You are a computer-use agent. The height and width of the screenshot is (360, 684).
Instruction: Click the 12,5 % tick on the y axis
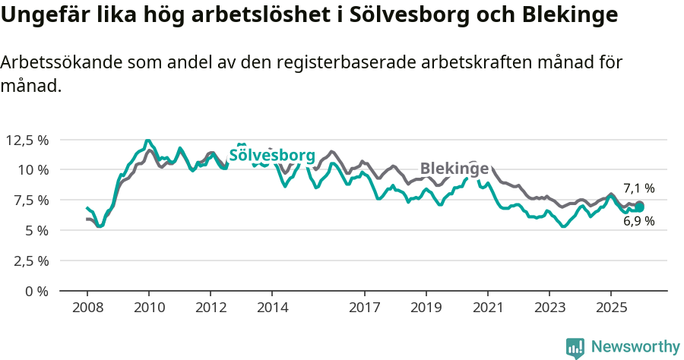click(27, 140)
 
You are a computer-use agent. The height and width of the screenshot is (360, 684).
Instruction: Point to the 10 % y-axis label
click(33, 169)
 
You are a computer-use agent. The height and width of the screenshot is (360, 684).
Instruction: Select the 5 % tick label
click(36, 230)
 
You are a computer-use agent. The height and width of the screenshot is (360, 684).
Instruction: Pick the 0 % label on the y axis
click(36, 291)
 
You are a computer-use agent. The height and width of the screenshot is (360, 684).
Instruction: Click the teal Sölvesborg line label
click(272, 156)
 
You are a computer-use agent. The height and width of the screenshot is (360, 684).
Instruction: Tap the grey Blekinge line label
click(454, 168)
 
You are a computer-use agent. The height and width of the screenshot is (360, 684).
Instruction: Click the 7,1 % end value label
click(639, 188)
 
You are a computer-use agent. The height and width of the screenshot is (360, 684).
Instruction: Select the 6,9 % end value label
click(639, 222)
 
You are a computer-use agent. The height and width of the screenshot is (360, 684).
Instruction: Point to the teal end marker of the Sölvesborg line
click(639, 207)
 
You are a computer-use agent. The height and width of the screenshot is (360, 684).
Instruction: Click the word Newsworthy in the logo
click(635, 347)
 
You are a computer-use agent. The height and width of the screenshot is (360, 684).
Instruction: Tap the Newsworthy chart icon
click(575, 348)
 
